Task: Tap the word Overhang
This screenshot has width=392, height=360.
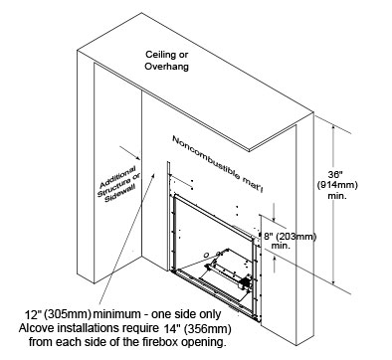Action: point(166,67)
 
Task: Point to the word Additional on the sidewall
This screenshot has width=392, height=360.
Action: point(118,175)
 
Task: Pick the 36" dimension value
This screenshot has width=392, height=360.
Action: point(335,175)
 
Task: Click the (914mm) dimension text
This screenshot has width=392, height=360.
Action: point(337,185)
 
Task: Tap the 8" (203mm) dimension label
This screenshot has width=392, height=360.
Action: point(290,237)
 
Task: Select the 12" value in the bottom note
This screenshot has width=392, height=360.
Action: point(33,314)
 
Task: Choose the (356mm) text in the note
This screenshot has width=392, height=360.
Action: point(207,329)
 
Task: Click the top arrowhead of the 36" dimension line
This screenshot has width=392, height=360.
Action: point(334,128)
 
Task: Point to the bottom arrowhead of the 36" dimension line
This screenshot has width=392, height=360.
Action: point(334,280)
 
